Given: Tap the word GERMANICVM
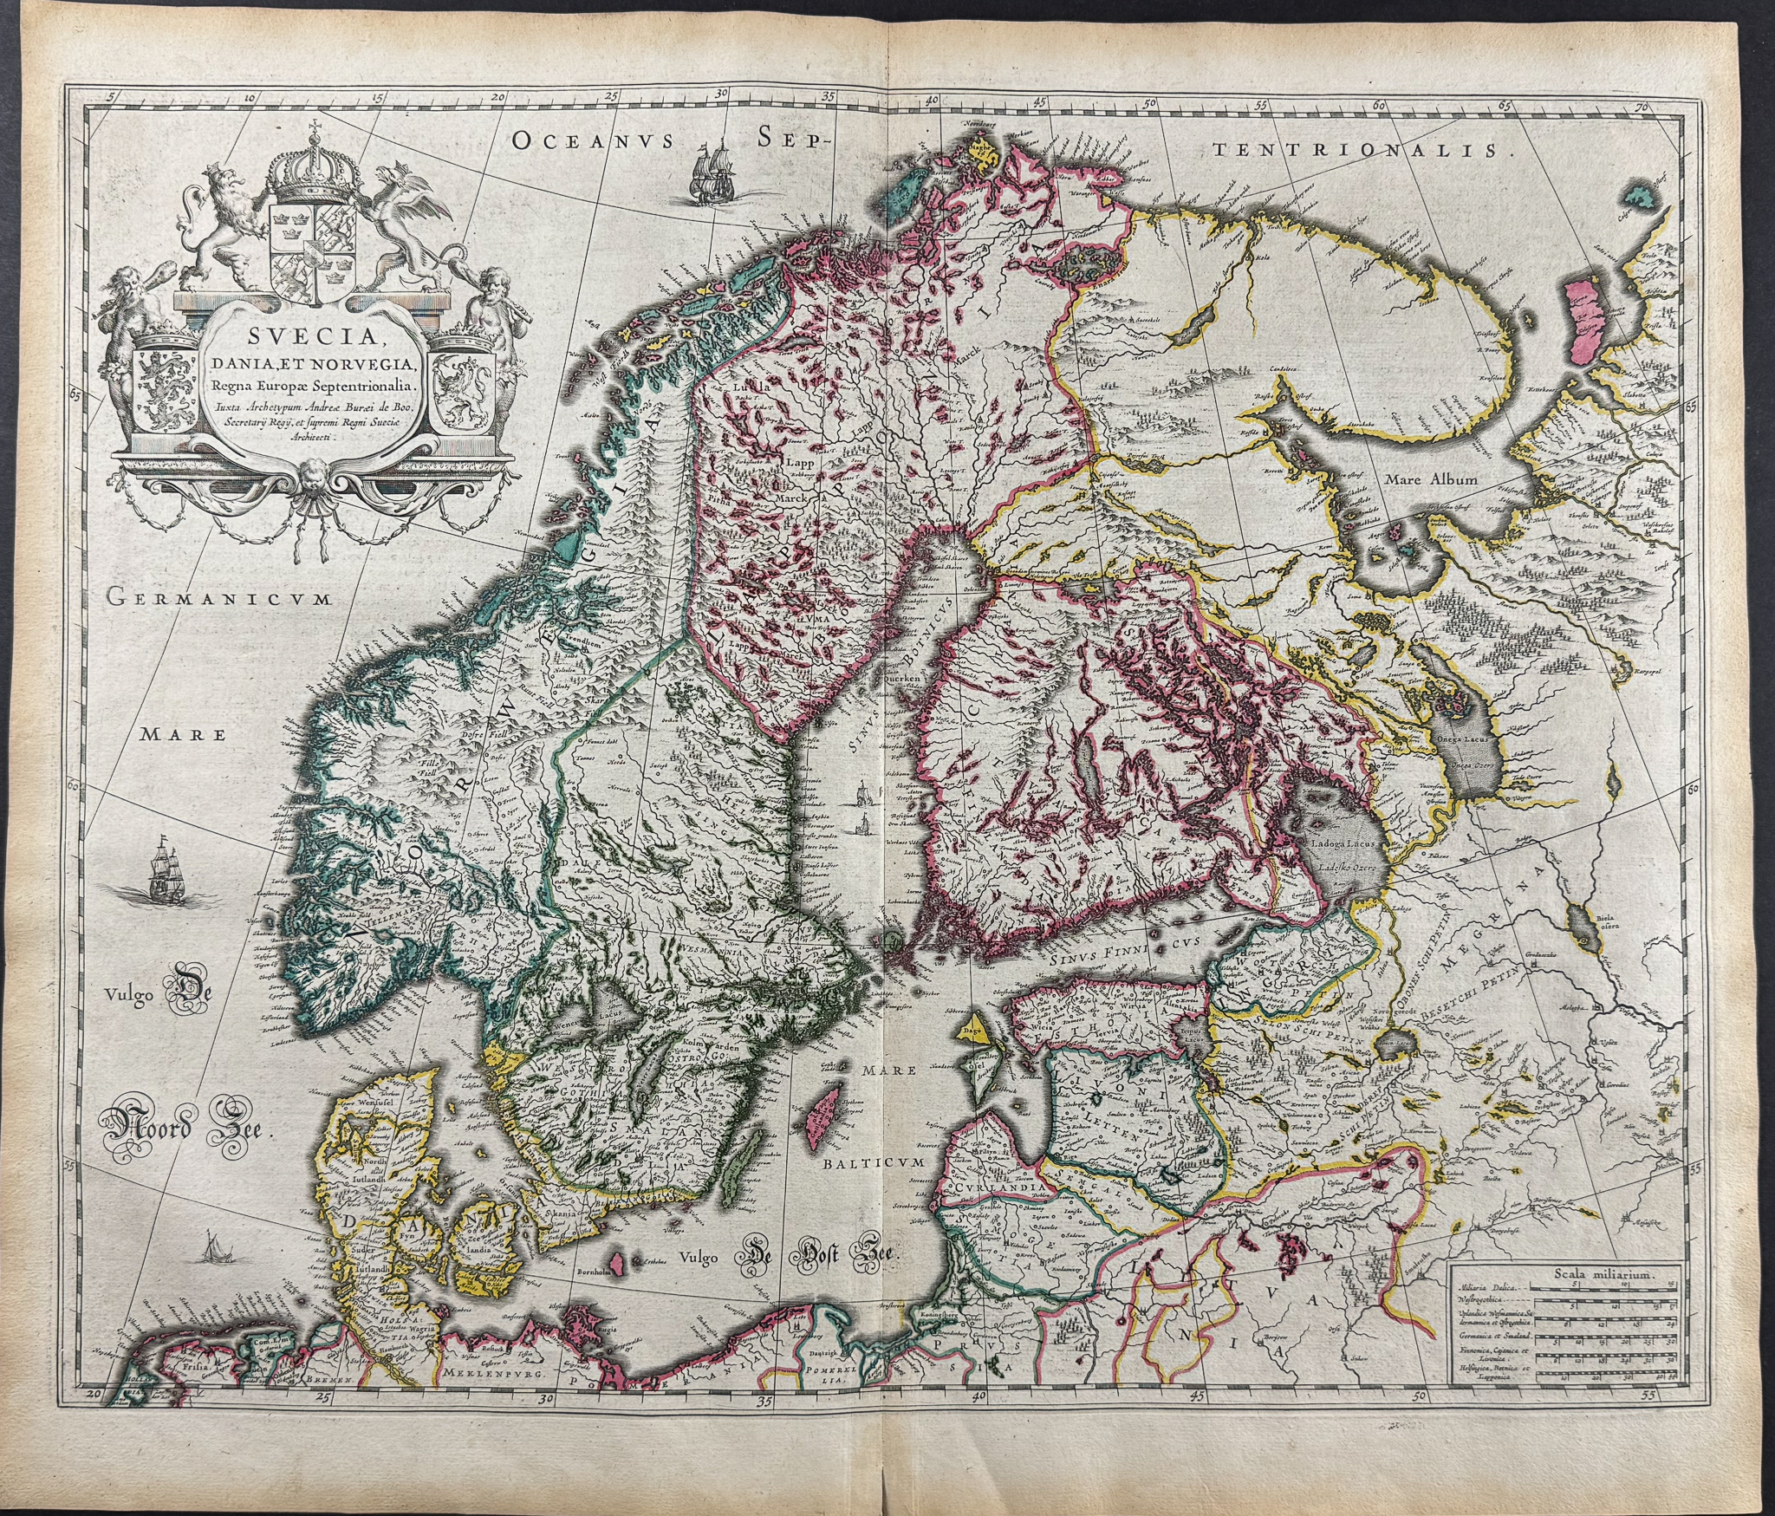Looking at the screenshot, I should [217, 596].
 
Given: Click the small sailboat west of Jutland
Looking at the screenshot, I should [211, 1250].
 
